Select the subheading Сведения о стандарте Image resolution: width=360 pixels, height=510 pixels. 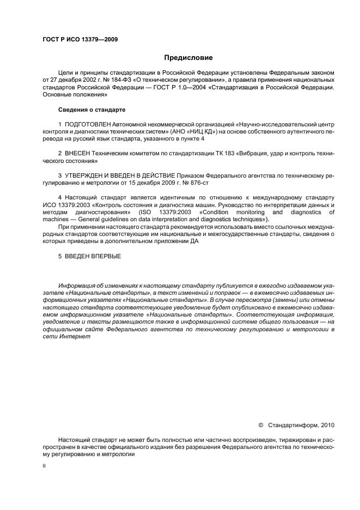tap(88, 110)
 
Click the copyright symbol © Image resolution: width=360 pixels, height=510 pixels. tap(260, 423)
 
